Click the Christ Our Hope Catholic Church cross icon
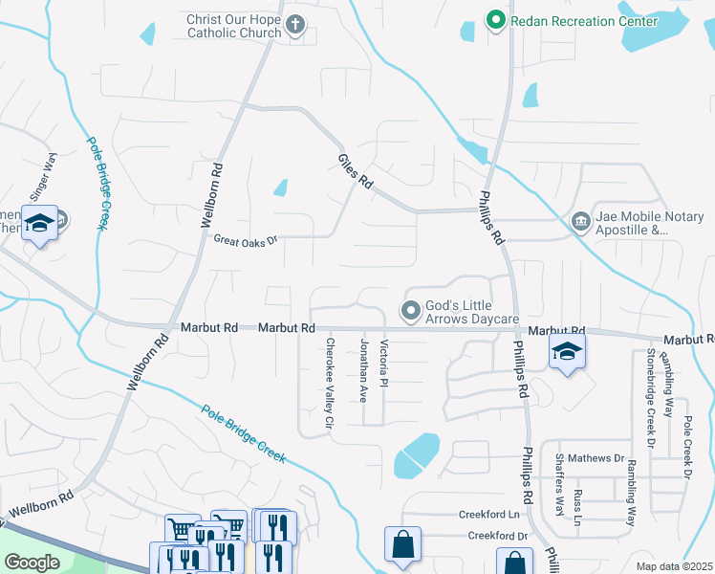click(295, 26)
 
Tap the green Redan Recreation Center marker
click(495, 20)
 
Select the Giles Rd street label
click(354, 171)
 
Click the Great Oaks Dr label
click(245, 239)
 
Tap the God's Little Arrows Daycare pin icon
click(411, 311)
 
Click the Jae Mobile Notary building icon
click(580, 223)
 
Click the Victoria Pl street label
click(383, 363)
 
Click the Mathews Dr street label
click(595, 458)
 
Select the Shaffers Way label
click(560, 490)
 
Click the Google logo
click(32, 563)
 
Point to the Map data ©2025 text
click(673, 566)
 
